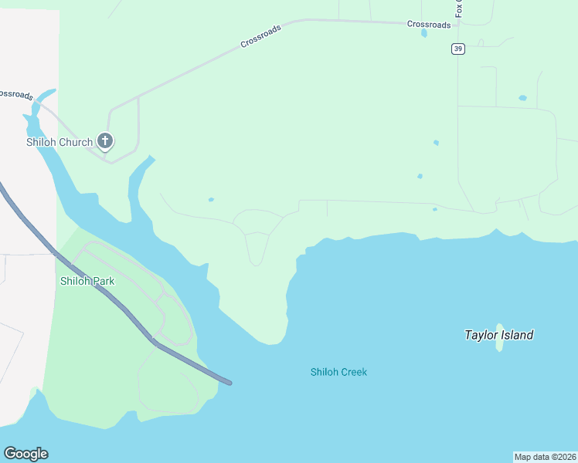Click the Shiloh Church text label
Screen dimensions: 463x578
click(x=59, y=142)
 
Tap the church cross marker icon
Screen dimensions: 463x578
click(x=106, y=141)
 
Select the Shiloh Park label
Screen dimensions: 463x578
click(x=87, y=281)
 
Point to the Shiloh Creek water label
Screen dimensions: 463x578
click(x=338, y=372)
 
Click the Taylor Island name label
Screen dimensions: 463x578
click(x=498, y=335)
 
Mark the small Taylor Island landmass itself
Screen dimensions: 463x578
click(x=499, y=338)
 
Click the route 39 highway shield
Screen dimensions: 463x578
click(x=458, y=49)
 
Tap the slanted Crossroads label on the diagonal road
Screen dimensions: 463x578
click(x=260, y=35)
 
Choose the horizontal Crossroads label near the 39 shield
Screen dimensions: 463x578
click(x=429, y=25)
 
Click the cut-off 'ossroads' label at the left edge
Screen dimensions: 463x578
click(x=15, y=94)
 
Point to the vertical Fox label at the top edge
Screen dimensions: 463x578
click(x=459, y=8)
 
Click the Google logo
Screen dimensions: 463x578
click(x=25, y=454)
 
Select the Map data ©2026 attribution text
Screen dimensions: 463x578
click(x=545, y=457)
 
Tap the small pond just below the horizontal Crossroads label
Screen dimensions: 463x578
click(x=424, y=34)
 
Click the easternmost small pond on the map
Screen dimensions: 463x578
click(x=523, y=98)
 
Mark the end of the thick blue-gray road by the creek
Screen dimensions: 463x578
click(x=228, y=382)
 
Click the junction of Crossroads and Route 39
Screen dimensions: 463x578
click(x=458, y=24)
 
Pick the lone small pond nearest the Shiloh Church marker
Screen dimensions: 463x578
click(x=211, y=200)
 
